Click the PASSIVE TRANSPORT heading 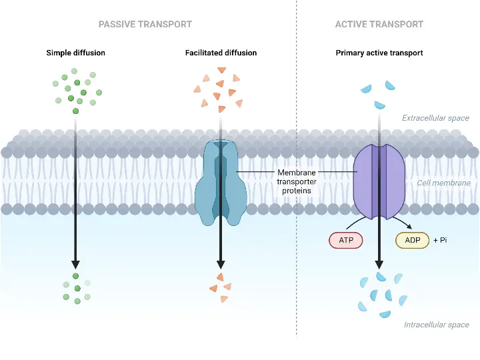(x=145, y=24)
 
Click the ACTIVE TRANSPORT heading (x=379, y=24)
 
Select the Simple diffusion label (x=75, y=53)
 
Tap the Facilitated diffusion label (x=221, y=53)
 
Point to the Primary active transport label (x=379, y=53)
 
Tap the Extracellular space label (x=435, y=118)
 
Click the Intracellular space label (x=436, y=325)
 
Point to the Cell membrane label (x=443, y=183)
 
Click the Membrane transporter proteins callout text (x=295, y=181)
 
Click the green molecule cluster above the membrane (x=77, y=90)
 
